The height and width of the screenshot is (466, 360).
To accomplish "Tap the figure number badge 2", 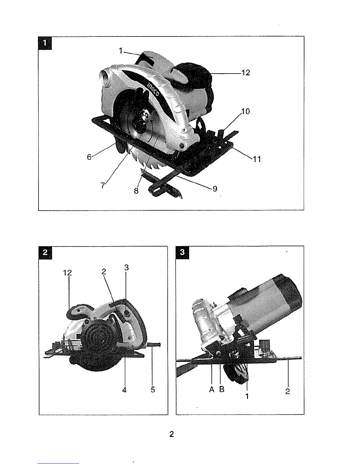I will [45, 253].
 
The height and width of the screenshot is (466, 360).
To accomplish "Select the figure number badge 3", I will [182, 253].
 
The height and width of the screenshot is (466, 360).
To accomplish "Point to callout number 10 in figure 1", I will [245, 111].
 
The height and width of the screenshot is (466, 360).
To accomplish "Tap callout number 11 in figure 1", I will [257, 159].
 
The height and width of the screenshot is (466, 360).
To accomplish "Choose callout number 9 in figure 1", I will [215, 189].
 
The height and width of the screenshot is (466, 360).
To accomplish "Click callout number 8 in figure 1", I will [136, 191].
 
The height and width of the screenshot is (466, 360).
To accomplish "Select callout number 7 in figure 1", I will [103, 186].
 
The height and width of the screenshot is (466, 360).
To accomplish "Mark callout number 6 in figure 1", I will [89, 157].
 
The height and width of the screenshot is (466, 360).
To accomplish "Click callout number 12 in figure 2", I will [67, 273].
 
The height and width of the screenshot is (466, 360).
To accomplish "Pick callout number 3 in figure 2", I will [126, 268].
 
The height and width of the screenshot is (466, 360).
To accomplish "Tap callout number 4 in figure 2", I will [124, 390].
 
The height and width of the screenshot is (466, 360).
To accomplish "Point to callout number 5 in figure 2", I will [153, 390].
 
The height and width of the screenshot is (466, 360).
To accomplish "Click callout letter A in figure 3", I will [212, 390].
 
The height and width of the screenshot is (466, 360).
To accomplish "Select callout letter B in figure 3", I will [222, 390].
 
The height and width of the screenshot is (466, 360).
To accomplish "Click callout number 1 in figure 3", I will [247, 396].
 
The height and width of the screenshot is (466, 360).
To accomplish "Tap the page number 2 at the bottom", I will [172, 434].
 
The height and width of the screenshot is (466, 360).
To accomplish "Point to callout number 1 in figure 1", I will [121, 51].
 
